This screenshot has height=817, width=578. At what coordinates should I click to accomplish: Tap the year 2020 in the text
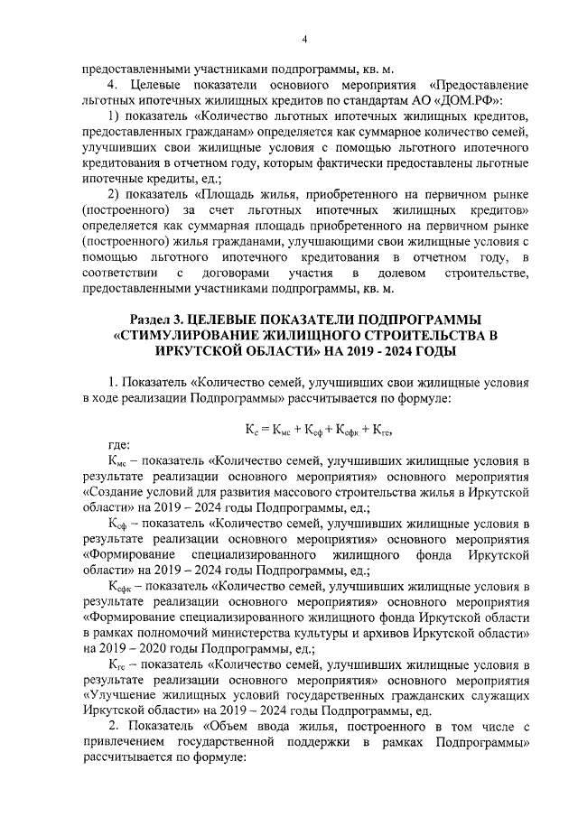click(x=177, y=648)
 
